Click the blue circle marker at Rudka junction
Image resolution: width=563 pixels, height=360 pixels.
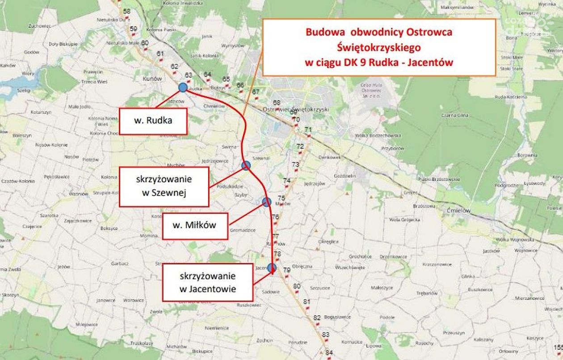pos(183,88)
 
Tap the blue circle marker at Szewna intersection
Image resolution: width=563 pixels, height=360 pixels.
pos(246,166)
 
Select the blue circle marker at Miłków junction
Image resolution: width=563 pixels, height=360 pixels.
pos(267,202)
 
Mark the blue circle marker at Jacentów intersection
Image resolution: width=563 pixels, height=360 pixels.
pos(272,268)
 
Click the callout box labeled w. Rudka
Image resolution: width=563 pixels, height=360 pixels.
pos(153,121)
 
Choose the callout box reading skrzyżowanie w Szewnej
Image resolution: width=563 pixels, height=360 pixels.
pos(164,186)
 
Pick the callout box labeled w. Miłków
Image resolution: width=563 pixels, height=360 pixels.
pos(194,225)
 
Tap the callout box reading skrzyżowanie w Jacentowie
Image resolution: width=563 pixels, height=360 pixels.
pos(207,282)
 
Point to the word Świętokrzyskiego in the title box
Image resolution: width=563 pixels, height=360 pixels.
pos(379,47)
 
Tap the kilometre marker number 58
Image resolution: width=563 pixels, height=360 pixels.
pos(126,11)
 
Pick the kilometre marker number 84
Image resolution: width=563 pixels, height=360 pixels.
pos(329,353)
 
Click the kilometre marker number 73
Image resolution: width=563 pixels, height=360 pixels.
pos(295,164)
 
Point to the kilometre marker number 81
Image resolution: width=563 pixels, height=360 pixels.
pos(307,302)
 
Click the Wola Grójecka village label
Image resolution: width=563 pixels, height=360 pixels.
pos(404,220)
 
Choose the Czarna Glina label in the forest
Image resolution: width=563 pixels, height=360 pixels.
pos(456,115)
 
